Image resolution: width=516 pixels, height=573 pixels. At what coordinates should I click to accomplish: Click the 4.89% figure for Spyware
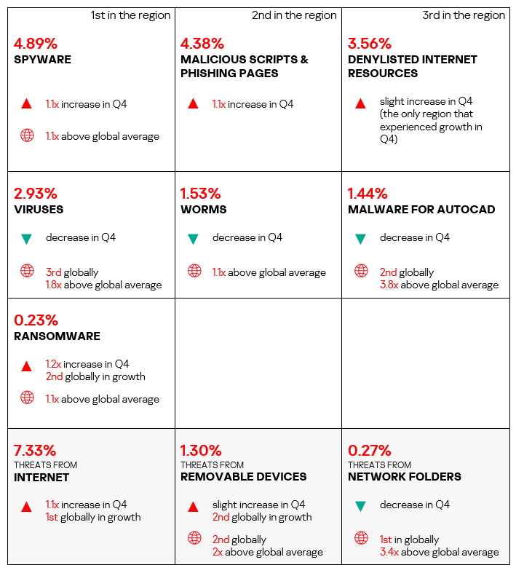coord(36,44)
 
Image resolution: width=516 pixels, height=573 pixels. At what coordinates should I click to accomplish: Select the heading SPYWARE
coord(42,59)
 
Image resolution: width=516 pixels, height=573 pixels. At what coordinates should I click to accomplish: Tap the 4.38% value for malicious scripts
coord(202,44)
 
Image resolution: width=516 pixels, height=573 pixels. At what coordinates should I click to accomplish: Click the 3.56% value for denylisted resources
coord(369,44)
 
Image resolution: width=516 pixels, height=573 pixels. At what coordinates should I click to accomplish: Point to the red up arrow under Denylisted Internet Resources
coord(360,103)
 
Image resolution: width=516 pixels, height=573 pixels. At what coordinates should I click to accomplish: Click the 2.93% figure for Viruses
coord(36,194)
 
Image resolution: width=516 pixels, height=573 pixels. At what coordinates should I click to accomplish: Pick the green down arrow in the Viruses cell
coord(27,239)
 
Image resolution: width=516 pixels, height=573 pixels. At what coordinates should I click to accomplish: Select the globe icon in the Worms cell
coord(194,271)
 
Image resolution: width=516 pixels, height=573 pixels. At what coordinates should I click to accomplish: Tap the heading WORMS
coord(203,210)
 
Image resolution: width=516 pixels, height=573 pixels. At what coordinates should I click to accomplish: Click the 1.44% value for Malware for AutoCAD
coord(368,194)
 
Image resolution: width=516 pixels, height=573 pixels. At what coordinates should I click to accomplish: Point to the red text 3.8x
coord(389,285)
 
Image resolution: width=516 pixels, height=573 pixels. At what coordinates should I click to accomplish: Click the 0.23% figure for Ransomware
coord(36,320)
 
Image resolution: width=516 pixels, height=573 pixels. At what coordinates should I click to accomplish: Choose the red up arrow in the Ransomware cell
coord(27,365)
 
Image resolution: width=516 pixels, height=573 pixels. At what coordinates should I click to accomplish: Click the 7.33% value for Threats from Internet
coord(35,451)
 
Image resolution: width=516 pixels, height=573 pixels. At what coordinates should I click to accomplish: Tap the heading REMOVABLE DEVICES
coord(244,477)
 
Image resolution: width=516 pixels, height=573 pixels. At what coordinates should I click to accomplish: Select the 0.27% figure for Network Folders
coord(369,451)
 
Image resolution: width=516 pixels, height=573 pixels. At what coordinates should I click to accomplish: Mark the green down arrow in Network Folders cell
coord(360,506)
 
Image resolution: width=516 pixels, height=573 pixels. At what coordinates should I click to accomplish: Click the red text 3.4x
coord(389,552)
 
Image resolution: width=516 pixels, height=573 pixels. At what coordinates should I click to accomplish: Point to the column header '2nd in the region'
coord(294,15)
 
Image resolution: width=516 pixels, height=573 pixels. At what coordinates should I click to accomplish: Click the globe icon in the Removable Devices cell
coord(194,538)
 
